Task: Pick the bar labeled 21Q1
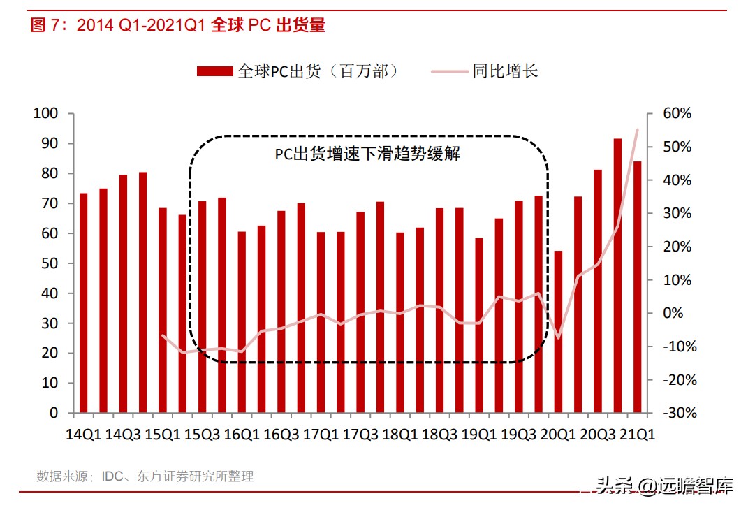(x=637, y=286)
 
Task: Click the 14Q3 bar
(x=123, y=293)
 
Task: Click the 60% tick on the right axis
(x=677, y=114)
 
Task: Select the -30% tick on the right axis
(x=677, y=413)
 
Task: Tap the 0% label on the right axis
(x=673, y=313)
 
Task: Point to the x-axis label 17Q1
(x=321, y=435)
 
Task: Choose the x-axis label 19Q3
(x=518, y=435)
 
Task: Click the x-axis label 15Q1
(x=162, y=435)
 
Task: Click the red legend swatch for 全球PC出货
(x=214, y=71)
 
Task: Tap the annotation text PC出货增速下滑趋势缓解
(x=367, y=154)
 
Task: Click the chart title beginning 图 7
(x=178, y=26)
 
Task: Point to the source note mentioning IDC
(x=145, y=476)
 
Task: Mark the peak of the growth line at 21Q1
(x=637, y=129)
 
